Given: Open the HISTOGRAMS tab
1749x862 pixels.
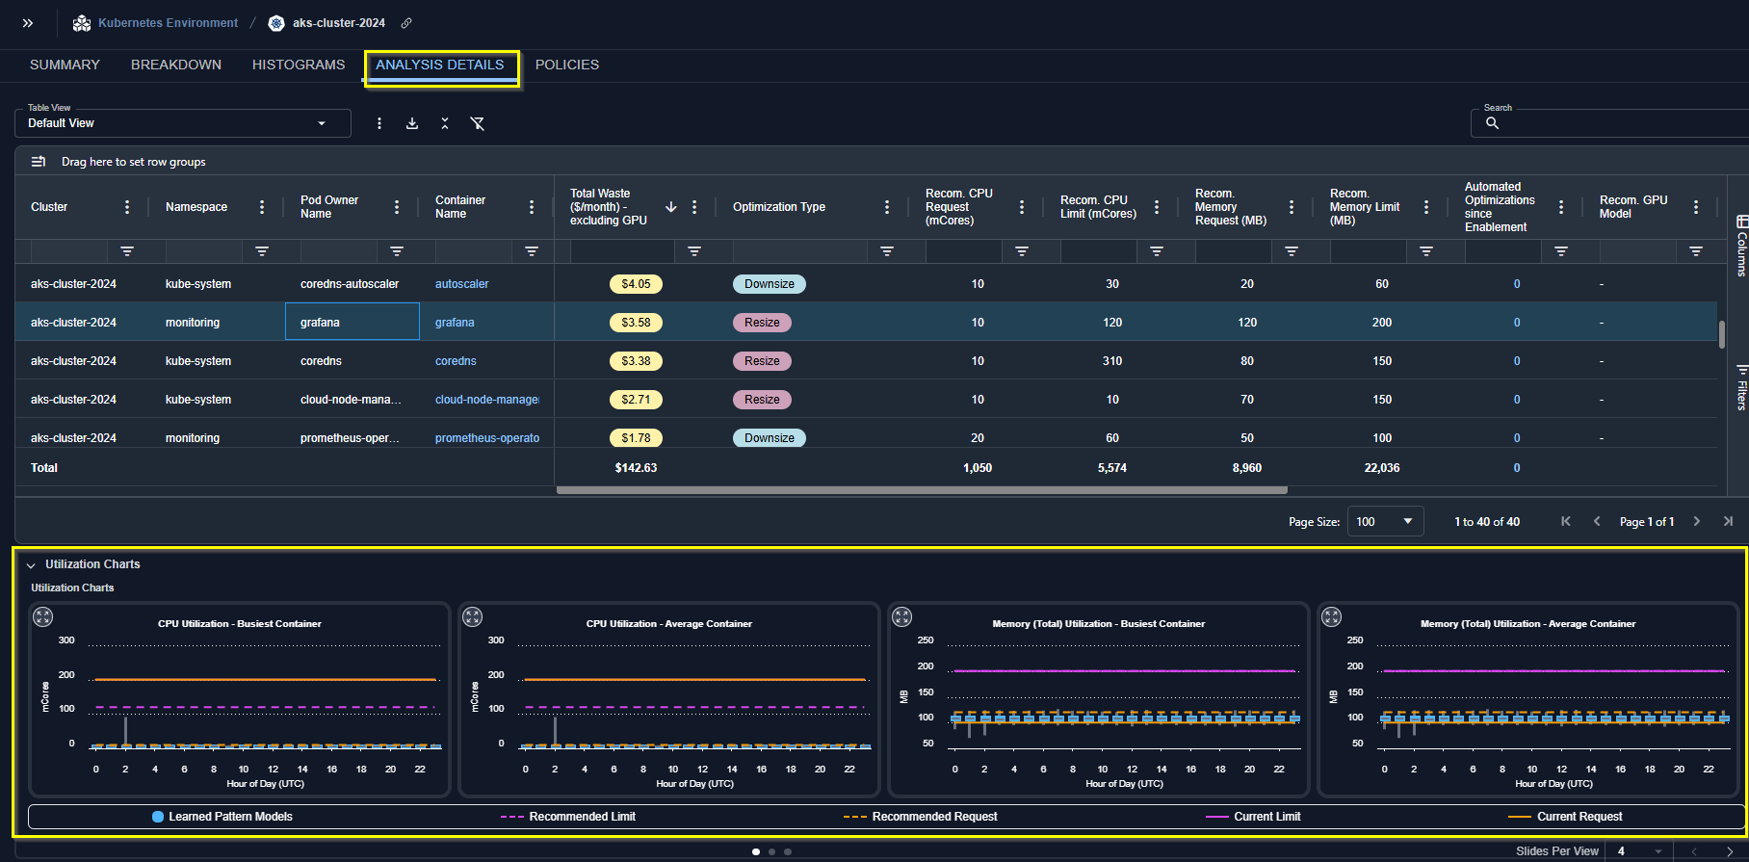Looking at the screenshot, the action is click(x=299, y=65).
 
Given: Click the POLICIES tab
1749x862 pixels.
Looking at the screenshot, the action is click(x=567, y=65).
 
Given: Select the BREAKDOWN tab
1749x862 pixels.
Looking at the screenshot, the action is click(x=176, y=65).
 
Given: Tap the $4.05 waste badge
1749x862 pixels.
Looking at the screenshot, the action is click(x=636, y=284).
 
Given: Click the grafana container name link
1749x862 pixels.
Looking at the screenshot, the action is click(x=455, y=323).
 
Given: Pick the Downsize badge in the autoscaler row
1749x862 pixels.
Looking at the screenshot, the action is click(x=770, y=284).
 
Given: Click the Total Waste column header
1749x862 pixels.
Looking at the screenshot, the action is click(x=609, y=207).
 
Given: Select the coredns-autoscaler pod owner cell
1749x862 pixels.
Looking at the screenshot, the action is click(x=350, y=284).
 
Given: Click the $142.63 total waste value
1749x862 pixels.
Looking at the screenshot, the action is click(x=636, y=468).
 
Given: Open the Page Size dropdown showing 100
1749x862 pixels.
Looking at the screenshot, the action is click(x=1385, y=522).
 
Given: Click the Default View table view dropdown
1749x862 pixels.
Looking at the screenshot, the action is click(x=183, y=123).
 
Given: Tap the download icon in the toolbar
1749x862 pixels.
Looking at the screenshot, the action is click(x=412, y=123).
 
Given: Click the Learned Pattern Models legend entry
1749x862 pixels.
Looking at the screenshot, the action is click(x=222, y=817).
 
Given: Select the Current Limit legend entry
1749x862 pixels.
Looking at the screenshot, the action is click(x=1253, y=817).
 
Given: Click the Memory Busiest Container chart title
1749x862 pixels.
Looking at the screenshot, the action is click(x=1099, y=624).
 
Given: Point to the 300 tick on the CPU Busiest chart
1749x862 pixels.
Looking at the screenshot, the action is click(x=66, y=640).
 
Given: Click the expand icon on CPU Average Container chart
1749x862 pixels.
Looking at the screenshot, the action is click(x=472, y=617).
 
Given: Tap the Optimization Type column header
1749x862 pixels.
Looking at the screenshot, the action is click(x=779, y=207).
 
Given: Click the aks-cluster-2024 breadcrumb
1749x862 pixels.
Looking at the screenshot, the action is click(x=339, y=23).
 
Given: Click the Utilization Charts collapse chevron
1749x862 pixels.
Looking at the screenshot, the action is click(x=31, y=565).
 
